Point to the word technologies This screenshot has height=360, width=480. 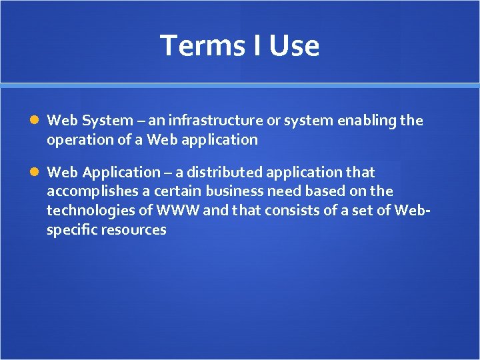[85, 211]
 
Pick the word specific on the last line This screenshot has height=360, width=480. [71, 230]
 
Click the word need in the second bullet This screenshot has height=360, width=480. [283, 192]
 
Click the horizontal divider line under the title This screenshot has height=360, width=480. [240, 85]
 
